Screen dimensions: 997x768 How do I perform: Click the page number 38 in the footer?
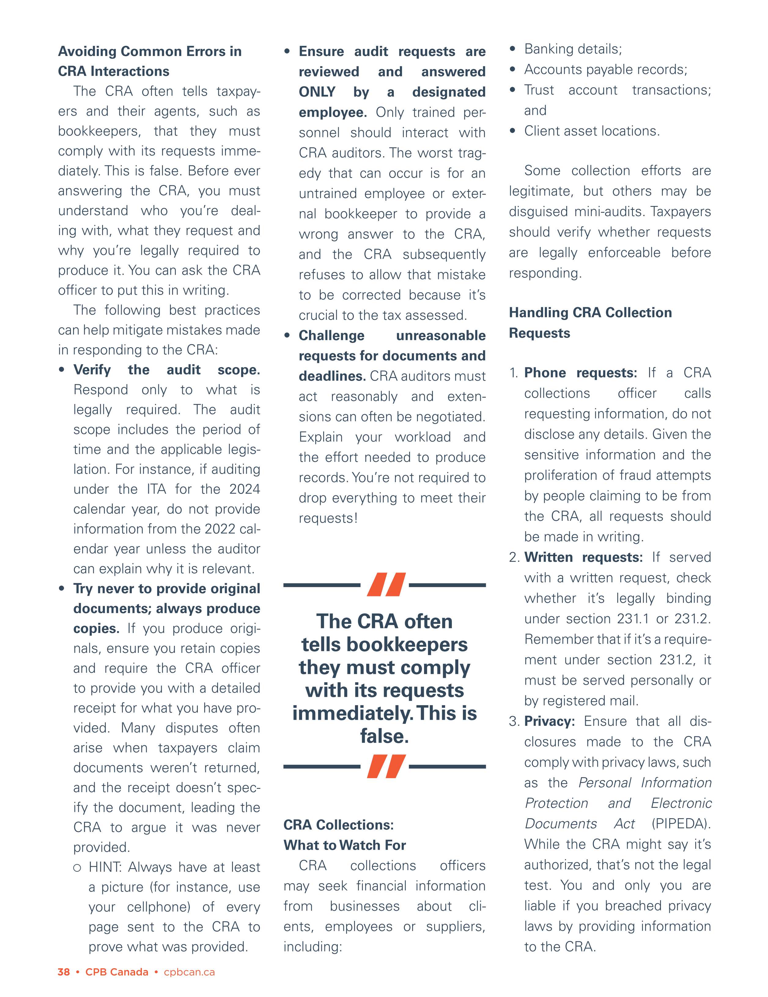[x=64, y=972]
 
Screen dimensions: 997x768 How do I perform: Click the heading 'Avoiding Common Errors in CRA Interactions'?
[x=150, y=61]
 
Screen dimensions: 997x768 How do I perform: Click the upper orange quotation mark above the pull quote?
[x=386, y=585]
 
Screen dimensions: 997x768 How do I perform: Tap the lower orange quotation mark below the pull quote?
[x=386, y=767]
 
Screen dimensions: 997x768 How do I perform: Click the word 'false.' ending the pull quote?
[x=384, y=736]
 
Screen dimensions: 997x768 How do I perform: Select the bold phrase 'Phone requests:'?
[x=580, y=373]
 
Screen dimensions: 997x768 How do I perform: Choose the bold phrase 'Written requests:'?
[x=583, y=557]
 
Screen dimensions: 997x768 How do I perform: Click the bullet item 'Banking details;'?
[x=573, y=49]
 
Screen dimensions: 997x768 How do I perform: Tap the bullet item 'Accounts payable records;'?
[x=605, y=69]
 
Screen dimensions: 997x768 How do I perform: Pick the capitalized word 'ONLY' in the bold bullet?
[x=317, y=92]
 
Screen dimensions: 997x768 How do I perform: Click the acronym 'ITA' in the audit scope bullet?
[x=156, y=489]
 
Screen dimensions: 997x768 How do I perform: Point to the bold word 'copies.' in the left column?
[x=96, y=629]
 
